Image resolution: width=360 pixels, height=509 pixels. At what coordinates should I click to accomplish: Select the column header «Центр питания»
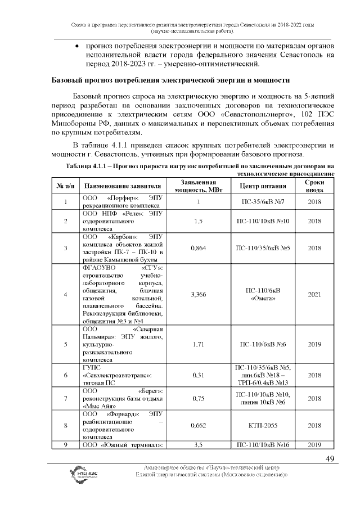pos(264,186)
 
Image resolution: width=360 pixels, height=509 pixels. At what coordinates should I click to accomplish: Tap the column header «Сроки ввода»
pos(314,186)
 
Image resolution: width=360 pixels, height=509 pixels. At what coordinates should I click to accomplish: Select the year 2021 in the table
pos(314,294)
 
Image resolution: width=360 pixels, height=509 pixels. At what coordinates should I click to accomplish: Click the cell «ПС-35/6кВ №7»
pos(264,202)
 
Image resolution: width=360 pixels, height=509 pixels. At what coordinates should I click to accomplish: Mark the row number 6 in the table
pos(66,375)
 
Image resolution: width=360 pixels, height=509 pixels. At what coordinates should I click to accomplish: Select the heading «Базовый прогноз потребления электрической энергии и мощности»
pos(170,80)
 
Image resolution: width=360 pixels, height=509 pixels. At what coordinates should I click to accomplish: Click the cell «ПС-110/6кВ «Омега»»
pos(264,294)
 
